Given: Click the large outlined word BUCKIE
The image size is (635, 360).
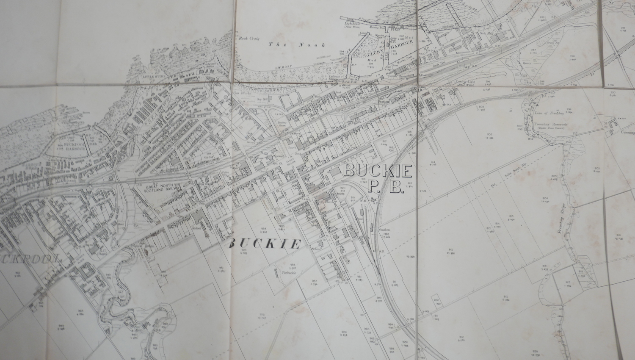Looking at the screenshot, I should click(x=378, y=171).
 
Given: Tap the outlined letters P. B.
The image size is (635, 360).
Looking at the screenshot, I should click(x=385, y=187).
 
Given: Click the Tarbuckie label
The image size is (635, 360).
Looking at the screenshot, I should click(x=288, y=273).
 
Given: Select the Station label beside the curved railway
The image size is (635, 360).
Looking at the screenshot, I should click(x=384, y=230).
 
